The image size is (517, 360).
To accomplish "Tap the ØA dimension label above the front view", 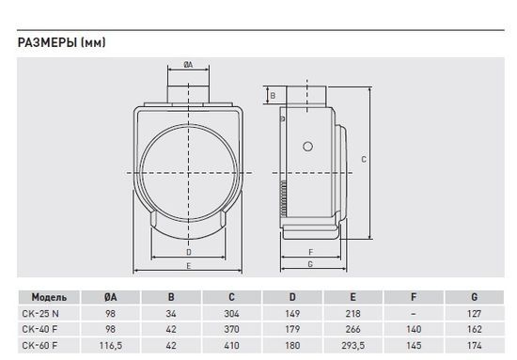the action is (188, 65).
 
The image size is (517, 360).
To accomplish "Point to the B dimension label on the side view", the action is (273, 96).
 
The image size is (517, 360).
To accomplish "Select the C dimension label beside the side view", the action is (364, 160).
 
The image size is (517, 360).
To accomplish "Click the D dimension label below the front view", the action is (189, 252).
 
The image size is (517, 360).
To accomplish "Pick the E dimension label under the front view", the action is (189, 266).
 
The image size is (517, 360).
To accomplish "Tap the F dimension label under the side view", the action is (310, 252).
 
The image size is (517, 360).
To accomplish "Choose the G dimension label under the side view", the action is (310, 264).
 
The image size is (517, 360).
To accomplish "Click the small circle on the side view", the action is (307, 147).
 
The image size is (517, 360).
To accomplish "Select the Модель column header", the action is (49, 297).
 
